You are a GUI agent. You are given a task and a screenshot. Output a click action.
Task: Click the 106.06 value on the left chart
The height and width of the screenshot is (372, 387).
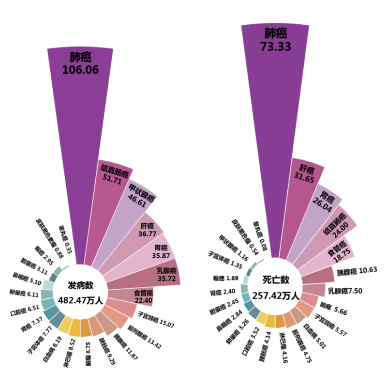click(x=80, y=70)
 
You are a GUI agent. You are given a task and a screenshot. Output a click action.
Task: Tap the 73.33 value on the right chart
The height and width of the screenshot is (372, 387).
click(x=275, y=46)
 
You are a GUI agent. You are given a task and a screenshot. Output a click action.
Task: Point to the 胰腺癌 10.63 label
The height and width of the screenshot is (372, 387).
click(x=357, y=270)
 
